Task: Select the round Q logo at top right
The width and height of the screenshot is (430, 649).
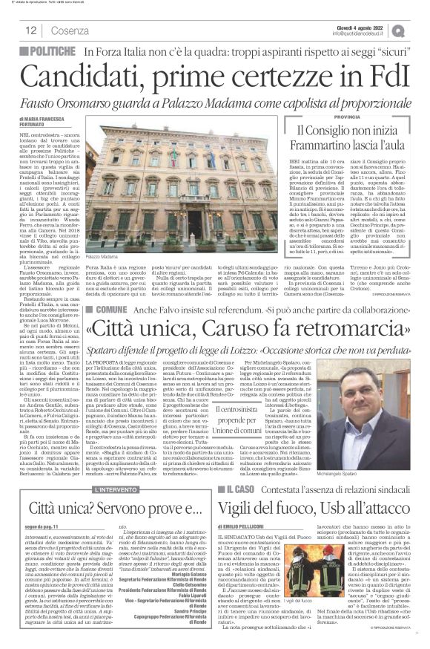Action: tap(420, 29)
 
